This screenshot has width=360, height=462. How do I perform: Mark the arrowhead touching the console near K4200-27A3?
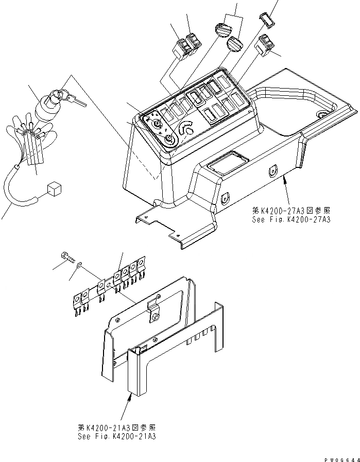pyautogui.click(x=284, y=176)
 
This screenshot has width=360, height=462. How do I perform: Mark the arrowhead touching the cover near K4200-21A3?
pyautogui.click(x=129, y=394)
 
